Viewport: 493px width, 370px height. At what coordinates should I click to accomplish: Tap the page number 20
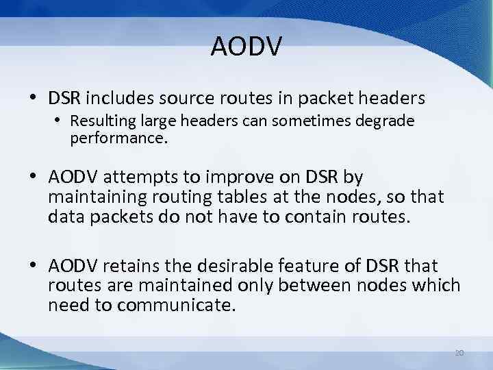click(x=459, y=353)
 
